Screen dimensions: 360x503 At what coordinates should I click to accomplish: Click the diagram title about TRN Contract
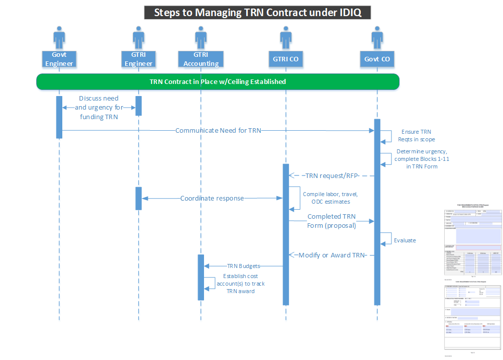coord(257,13)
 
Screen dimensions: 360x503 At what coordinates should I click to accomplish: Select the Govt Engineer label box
coord(59,59)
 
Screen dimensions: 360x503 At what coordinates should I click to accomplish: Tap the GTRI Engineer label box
coord(138,59)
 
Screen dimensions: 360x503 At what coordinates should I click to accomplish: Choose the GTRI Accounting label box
coord(201,59)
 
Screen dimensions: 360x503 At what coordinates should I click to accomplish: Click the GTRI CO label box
coord(285,59)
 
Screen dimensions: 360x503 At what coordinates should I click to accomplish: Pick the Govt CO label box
coord(377,59)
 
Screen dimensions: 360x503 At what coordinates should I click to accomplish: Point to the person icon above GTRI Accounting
coord(201,38)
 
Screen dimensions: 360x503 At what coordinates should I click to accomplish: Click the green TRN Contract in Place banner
coord(218,81)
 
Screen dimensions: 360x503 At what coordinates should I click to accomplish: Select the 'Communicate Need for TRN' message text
coord(218,131)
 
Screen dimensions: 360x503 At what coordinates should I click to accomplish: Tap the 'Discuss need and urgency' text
coord(98,108)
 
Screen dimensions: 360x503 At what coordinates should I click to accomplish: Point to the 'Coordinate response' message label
coord(212,198)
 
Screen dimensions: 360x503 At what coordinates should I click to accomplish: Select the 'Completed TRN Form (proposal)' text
coord(331,221)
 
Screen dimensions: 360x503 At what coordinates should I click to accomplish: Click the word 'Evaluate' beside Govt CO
coord(405,240)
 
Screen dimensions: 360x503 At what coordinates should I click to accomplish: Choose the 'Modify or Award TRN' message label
coord(331,255)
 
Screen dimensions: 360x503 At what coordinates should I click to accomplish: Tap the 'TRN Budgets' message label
coord(243,266)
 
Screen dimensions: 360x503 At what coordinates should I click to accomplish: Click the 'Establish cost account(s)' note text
coord(243,284)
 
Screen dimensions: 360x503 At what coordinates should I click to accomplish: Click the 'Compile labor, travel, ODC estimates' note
coord(330,198)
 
